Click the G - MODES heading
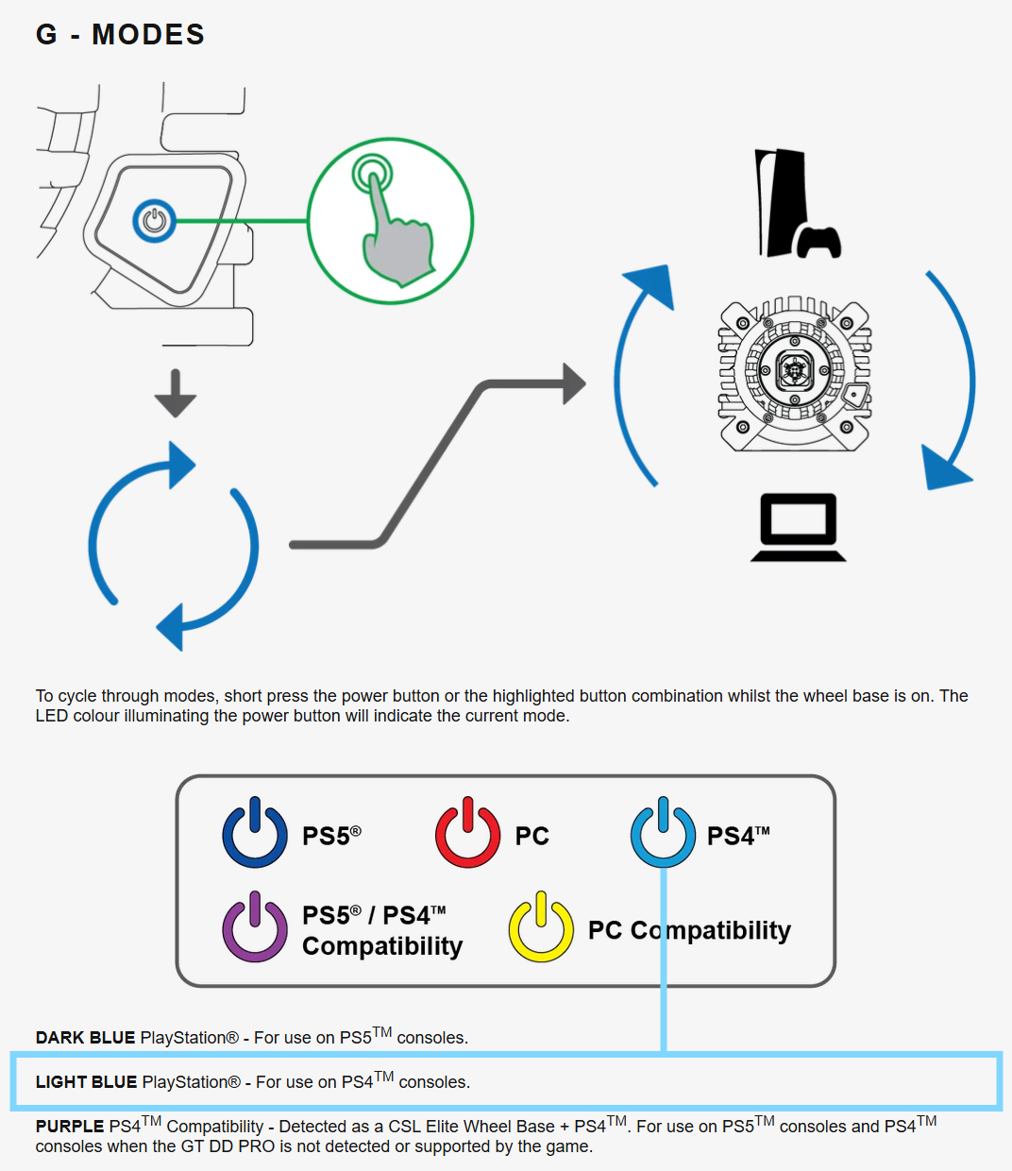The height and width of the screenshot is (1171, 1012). (120, 35)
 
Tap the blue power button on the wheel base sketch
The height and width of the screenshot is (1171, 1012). (154, 221)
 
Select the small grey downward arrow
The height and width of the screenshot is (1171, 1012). (176, 394)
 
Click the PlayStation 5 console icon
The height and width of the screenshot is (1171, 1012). (793, 204)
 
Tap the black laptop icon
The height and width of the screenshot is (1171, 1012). (799, 527)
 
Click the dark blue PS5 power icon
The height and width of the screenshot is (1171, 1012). (255, 834)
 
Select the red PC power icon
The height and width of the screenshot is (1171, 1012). (467, 834)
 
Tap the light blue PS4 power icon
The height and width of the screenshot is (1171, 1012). (663, 834)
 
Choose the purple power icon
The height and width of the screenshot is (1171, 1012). (255, 928)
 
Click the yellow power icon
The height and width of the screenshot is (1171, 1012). (541, 928)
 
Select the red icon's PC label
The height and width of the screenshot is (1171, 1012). (531, 836)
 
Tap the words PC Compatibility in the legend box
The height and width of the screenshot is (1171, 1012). (689, 930)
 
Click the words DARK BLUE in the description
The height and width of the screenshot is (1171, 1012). (85, 1038)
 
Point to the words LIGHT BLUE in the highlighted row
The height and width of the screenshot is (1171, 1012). (86, 1082)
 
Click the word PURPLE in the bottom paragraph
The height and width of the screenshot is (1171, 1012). (70, 1127)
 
